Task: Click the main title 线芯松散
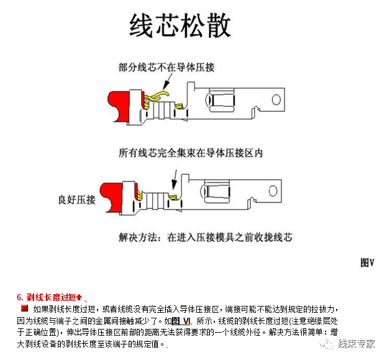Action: pyautogui.click(x=181, y=26)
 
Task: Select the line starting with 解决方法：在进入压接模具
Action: pyautogui.click(x=205, y=237)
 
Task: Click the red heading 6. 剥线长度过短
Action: pyautogui.click(x=49, y=296)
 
